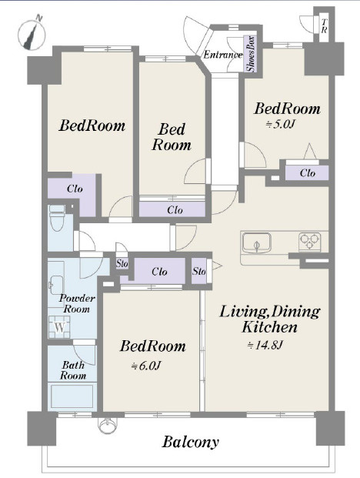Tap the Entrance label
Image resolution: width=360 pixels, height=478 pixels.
(222, 55)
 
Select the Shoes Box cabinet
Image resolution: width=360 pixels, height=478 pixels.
(252, 54)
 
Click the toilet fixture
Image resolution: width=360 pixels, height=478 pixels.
(57, 218)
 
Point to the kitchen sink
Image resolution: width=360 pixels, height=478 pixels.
(257, 242)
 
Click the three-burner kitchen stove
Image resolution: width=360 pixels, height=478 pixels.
(309, 242)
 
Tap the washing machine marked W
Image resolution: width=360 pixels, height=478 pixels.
(60, 327)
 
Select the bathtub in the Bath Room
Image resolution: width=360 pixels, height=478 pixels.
(72, 396)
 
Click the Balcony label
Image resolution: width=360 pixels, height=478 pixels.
(190, 442)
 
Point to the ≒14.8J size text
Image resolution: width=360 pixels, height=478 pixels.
(265, 345)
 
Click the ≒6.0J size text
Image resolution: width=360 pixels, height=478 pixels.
(145, 366)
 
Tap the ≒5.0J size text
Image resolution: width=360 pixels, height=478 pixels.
(281, 124)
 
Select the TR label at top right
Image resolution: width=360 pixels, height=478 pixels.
(325, 26)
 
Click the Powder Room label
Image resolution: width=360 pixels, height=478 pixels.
(76, 303)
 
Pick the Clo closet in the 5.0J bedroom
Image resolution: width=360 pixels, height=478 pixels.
(307, 173)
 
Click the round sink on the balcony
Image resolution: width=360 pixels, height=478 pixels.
(107, 425)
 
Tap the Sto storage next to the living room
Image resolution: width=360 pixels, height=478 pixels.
(199, 271)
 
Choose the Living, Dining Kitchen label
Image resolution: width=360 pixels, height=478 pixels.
(270, 319)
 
